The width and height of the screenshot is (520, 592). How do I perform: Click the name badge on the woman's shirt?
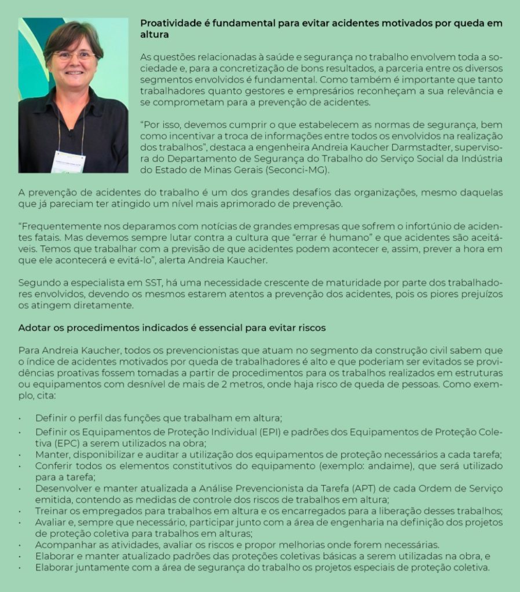[x=68, y=161]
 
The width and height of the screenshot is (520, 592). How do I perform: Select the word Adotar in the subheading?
[x=33, y=328]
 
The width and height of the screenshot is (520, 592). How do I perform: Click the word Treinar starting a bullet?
[x=52, y=511]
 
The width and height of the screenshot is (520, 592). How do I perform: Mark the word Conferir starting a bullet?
[x=54, y=466]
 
